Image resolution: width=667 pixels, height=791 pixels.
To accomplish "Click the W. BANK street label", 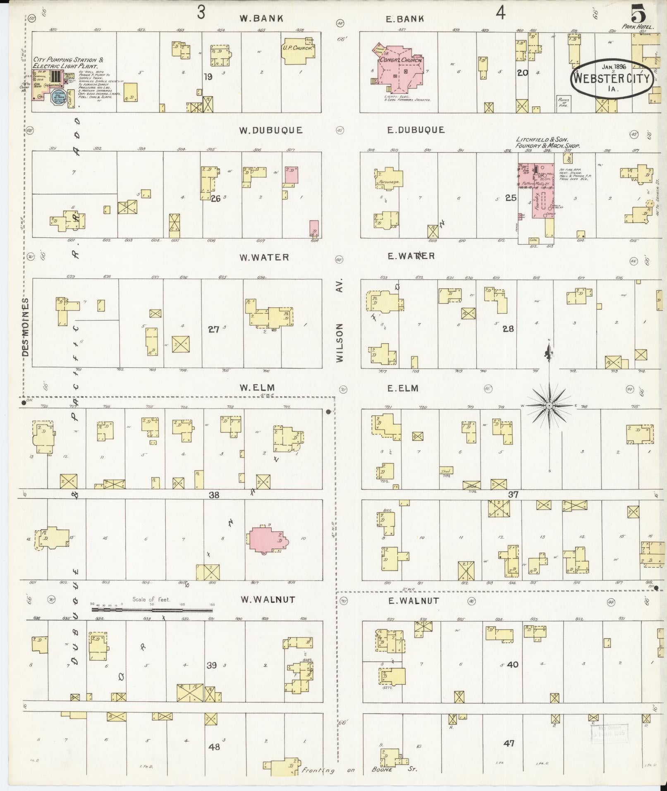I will [x=261, y=18].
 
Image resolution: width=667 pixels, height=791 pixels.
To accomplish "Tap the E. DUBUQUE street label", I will [x=416, y=130].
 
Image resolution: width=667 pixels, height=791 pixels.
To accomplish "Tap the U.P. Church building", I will [x=297, y=51].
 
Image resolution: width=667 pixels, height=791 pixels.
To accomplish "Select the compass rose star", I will [x=549, y=406].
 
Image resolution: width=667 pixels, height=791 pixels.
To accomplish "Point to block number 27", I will [x=213, y=330].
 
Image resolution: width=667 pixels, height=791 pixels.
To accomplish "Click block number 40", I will [x=512, y=664].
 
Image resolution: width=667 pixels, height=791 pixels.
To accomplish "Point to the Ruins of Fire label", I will [x=563, y=102].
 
